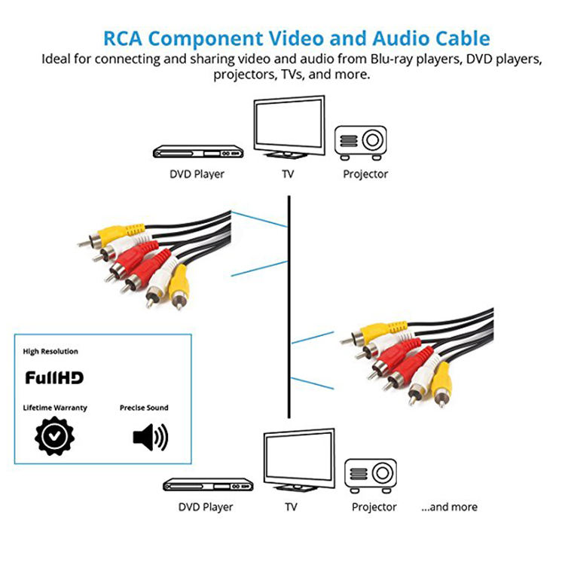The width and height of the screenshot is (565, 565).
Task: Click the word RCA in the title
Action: click(123, 38)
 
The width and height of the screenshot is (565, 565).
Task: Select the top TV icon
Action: click(289, 127)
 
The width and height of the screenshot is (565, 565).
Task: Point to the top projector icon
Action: click(360, 142)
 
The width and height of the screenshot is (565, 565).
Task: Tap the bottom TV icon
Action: click(299, 460)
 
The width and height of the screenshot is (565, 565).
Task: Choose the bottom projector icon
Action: click(371, 475)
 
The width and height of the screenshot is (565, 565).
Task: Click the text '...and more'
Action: click(449, 507)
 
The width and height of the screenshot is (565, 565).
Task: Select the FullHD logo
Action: click(54, 377)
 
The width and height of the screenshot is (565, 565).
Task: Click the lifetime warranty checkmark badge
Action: click(54, 436)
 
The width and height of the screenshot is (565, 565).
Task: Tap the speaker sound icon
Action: click(150, 437)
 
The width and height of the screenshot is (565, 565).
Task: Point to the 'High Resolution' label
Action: click(50, 351)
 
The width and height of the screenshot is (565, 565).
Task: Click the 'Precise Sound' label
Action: click(144, 408)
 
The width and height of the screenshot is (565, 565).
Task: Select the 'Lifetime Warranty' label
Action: click(55, 408)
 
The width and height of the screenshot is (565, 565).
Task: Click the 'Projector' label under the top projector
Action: click(365, 175)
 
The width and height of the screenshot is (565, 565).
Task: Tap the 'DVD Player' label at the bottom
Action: click(206, 507)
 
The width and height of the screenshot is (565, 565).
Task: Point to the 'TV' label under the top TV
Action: click(288, 174)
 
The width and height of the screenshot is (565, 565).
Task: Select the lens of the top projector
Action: click(372, 140)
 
